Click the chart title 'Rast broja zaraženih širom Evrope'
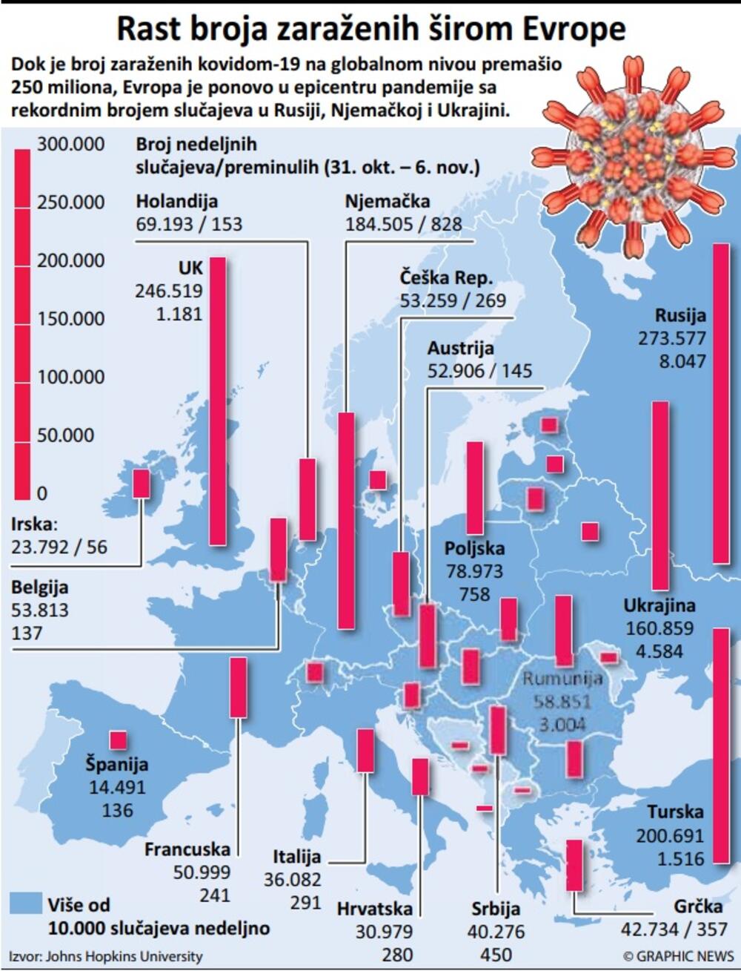pyautogui.click(x=370, y=30)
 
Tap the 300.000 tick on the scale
pyautogui.click(x=71, y=144)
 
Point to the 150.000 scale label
pyautogui.click(x=71, y=319)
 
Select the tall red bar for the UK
pyautogui.click(x=218, y=401)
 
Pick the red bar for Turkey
pyautogui.click(x=720, y=745)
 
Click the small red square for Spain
pyautogui.click(x=118, y=740)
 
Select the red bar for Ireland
pyautogui.click(x=141, y=484)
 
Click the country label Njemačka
pyautogui.click(x=388, y=201)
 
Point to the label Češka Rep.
pyautogui.click(x=446, y=277)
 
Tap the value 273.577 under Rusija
pyautogui.click(x=671, y=338)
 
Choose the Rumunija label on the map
pyautogui.click(x=562, y=679)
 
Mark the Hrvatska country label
pyautogui.click(x=374, y=909)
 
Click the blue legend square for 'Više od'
pyautogui.click(x=25, y=903)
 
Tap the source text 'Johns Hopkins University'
pyautogui.click(x=124, y=956)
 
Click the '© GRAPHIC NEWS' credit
pyautogui.click(x=678, y=956)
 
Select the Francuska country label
pyautogui.click(x=187, y=849)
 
